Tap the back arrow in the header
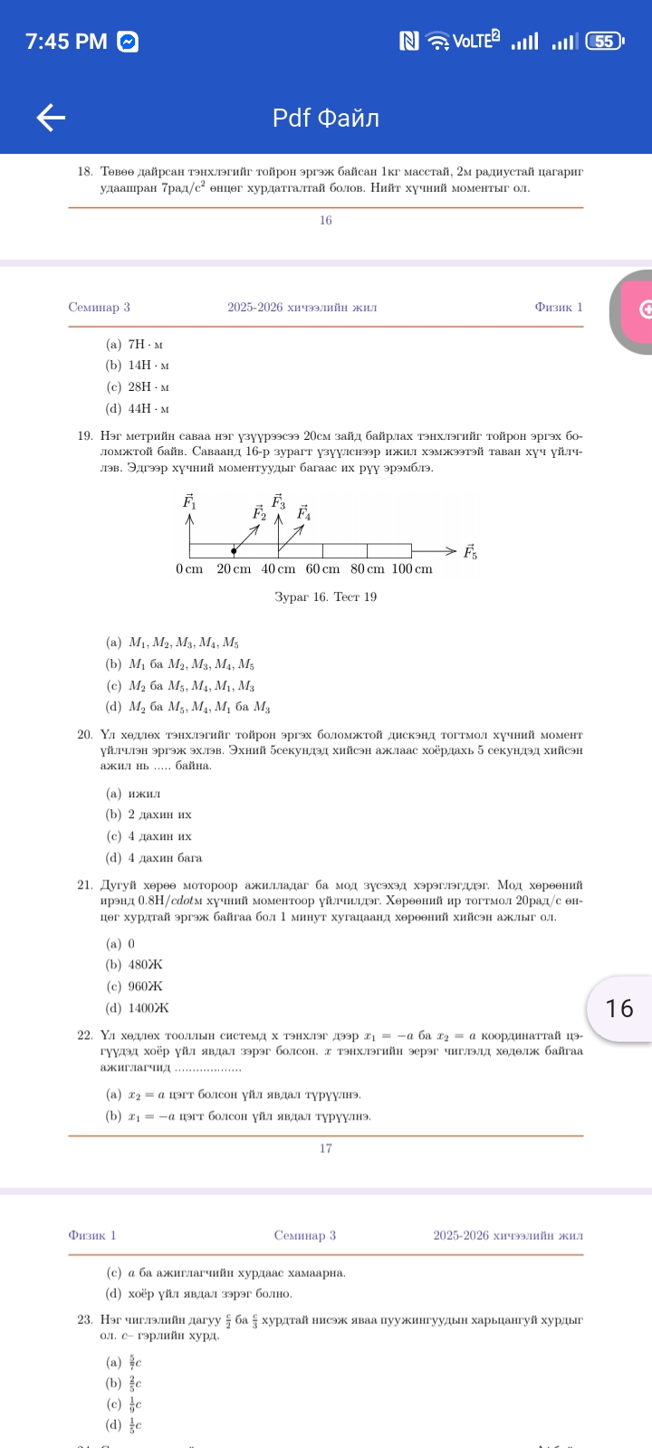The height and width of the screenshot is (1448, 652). click(51, 118)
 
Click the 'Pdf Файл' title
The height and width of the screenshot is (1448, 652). click(326, 118)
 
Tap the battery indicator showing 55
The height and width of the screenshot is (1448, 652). click(604, 41)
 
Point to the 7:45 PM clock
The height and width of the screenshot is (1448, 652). click(66, 42)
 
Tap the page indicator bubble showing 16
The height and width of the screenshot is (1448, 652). click(619, 1008)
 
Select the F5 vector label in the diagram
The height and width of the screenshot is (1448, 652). click(470, 552)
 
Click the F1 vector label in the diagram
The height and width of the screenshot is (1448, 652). click(189, 501)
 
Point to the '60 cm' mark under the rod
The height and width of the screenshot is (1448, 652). click(322, 569)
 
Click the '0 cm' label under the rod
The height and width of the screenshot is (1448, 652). click(189, 569)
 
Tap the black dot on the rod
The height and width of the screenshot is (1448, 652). click(234, 550)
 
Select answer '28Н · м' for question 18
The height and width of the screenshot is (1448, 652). click(149, 387)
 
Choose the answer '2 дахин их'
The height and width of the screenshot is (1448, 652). click(159, 814)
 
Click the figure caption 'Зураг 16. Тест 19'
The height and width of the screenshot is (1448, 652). click(325, 597)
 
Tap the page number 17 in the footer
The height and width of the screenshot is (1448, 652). click(326, 1148)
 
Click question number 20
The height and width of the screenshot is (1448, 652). click(85, 735)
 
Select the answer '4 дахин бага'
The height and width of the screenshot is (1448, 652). click(165, 858)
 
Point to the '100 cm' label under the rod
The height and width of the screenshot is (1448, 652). click(411, 569)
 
